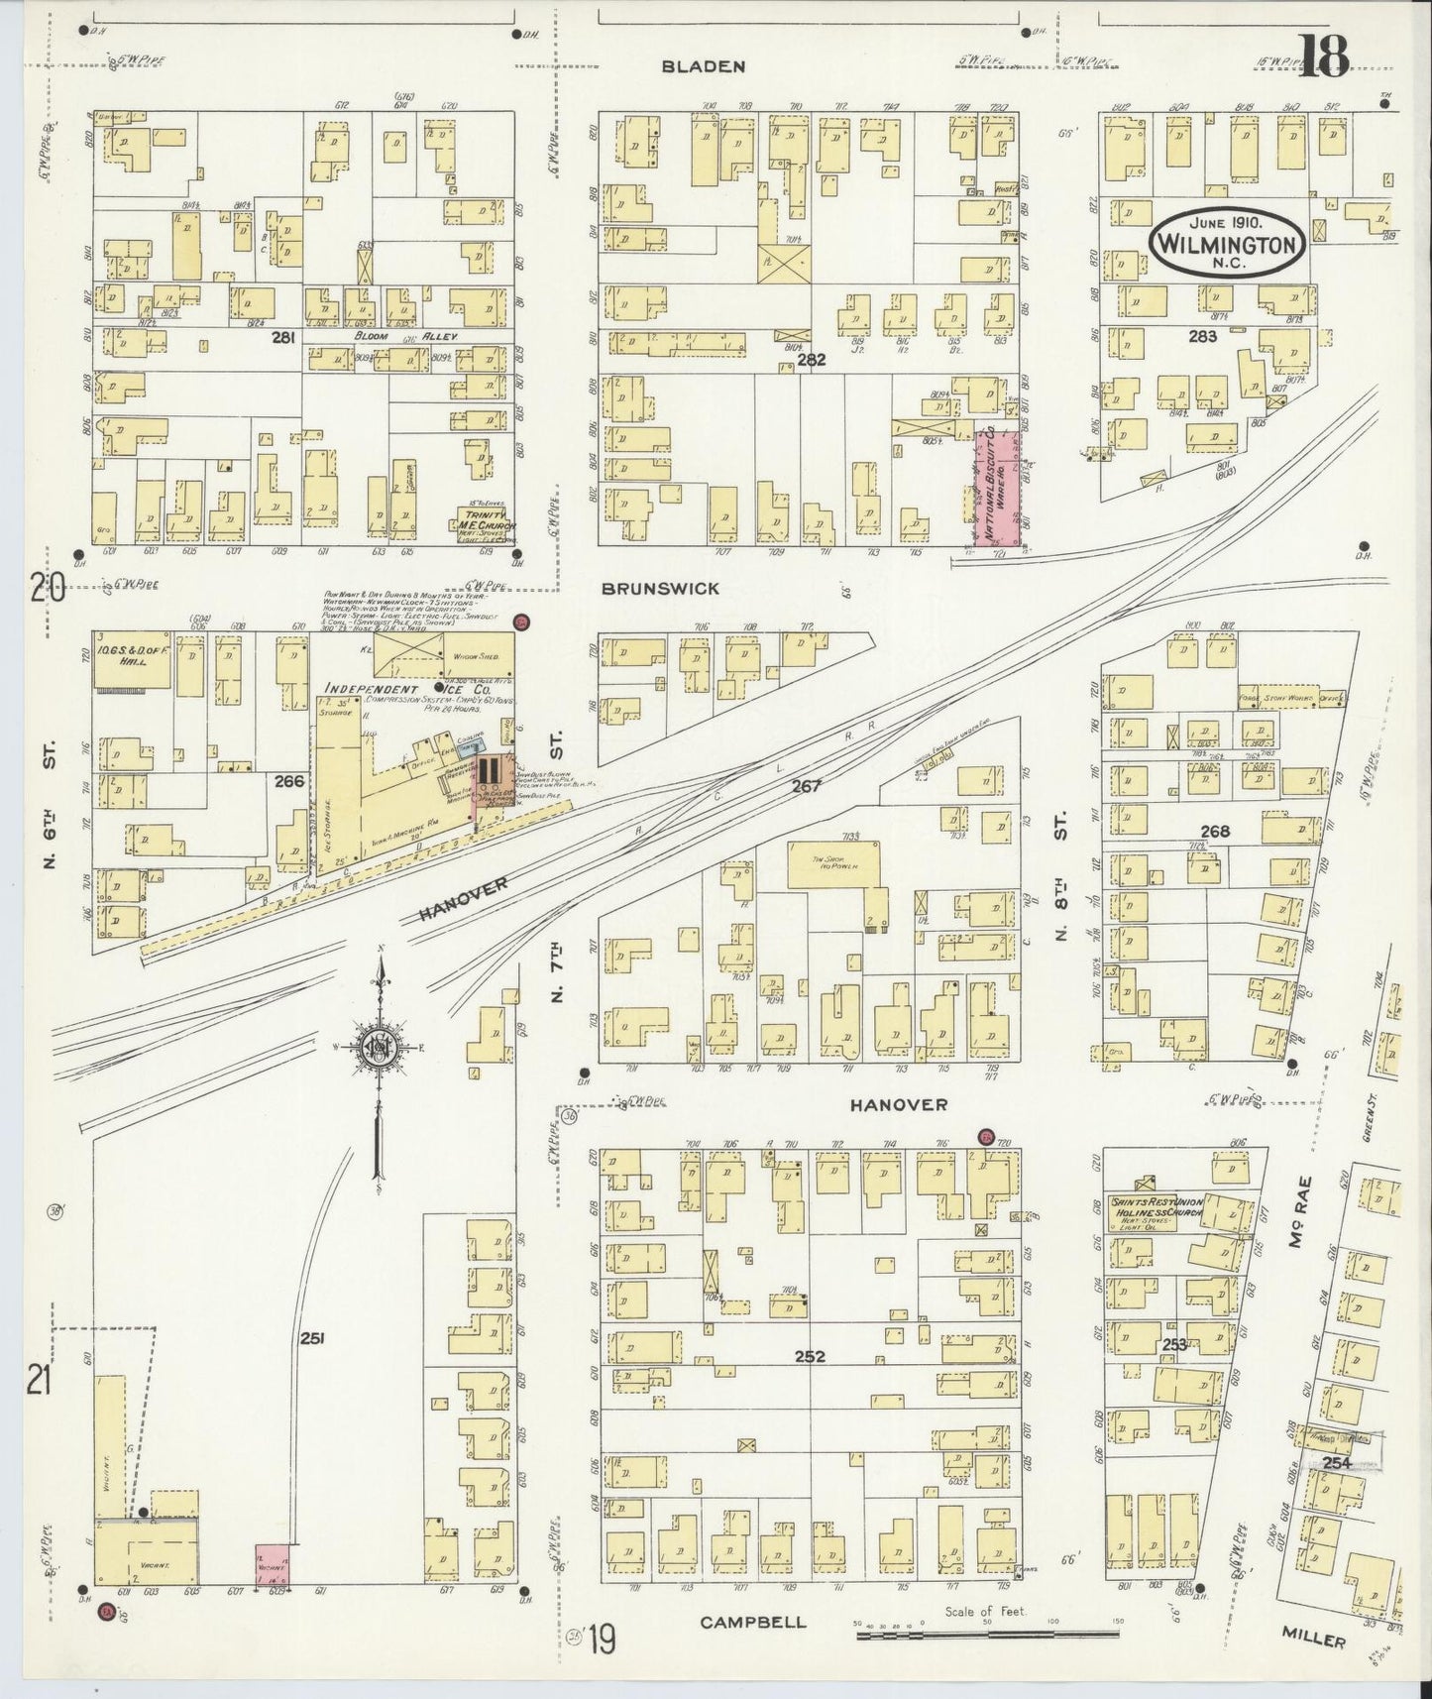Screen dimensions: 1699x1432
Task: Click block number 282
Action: click(810, 361)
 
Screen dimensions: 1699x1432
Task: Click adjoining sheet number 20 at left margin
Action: click(47, 590)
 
